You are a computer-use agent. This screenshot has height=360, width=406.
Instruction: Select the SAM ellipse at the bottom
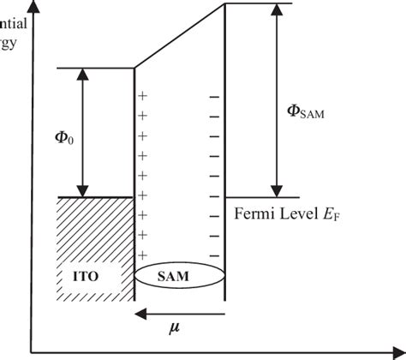180,279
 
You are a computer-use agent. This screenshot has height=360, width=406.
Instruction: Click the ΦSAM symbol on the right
306,111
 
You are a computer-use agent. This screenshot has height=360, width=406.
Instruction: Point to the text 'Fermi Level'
266,209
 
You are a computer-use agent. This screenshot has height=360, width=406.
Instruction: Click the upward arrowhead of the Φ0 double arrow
82,74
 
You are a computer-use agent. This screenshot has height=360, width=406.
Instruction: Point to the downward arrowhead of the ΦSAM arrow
276,190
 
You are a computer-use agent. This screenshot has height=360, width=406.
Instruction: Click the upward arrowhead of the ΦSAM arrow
276,9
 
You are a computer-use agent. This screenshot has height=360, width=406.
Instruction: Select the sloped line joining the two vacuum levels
180,36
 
